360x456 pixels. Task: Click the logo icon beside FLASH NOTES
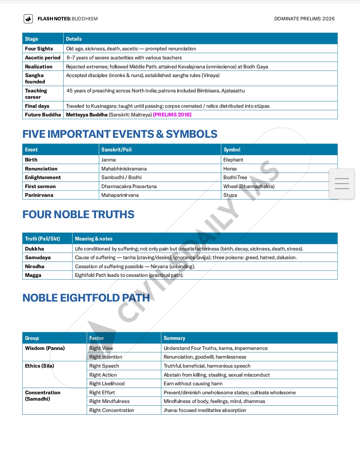[28, 19]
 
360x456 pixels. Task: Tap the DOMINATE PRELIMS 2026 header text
[304, 19]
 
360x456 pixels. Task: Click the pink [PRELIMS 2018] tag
[172, 115]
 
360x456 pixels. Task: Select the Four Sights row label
[39, 49]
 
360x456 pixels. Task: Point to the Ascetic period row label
[43, 58]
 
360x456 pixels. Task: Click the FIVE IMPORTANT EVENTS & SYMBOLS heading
[120, 134]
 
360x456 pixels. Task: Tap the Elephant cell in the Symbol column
[233, 160]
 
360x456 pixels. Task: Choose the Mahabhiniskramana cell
[124, 169]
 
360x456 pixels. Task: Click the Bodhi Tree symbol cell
[235, 177]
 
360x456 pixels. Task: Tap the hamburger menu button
[342, 184]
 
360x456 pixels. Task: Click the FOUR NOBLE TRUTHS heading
[78, 214]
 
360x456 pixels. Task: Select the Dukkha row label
[34, 249]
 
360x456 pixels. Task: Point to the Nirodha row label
[35, 267]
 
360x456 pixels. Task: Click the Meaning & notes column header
[94, 239]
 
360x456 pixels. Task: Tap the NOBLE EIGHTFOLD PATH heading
[86, 298]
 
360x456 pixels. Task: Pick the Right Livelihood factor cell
[107, 384]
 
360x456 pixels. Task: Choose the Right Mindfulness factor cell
[109, 401]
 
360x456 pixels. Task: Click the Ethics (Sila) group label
[39, 366]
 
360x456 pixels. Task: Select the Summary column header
[174, 338]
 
